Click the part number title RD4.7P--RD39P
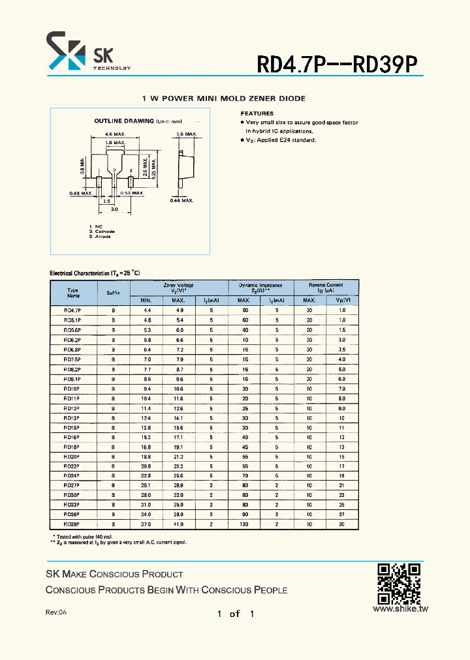(x=337, y=63)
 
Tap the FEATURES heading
(x=257, y=113)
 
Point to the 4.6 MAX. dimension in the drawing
(x=115, y=134)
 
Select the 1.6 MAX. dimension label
(x=186, y=134)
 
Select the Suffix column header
(x=114, y=293)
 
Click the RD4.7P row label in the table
(x=72, y=310)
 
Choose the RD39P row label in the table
(x=72, y=524)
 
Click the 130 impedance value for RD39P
(x=244, y=524)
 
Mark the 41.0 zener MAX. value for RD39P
(x=178, y=524)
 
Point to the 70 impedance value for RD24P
(x=244, y=475)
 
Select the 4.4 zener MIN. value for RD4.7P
(x=146, y=310)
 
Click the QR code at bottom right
(x=399, y=583)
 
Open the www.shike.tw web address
(x=399, y=608)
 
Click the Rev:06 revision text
(x=56, y=612)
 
